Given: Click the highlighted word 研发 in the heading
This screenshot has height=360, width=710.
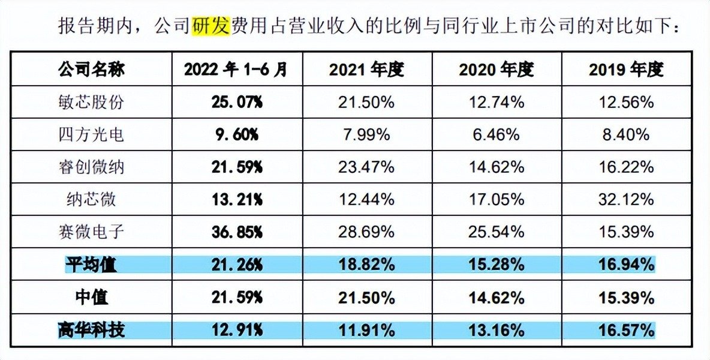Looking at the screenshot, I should click(210, 26).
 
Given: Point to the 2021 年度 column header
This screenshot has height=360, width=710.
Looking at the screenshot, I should click(366, 70).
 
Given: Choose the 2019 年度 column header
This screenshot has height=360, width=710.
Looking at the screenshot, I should click(626, 70).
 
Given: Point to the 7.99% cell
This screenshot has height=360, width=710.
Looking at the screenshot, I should click(366, 134).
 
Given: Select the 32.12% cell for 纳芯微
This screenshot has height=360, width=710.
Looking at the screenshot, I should click(626, 199).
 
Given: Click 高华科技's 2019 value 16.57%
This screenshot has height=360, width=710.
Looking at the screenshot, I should click(626, 329).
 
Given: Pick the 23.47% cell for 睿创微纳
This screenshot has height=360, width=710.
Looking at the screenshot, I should click(366, 167).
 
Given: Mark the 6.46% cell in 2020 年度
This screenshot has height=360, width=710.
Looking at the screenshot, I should click(496, 134).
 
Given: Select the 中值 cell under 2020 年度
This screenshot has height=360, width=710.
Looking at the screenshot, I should click(496, 297).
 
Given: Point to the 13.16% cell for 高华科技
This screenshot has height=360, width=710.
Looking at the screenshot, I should click(496, 329).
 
